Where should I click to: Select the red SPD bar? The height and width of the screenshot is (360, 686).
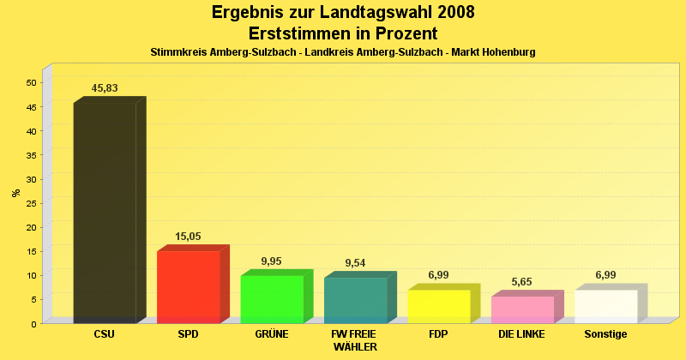189,286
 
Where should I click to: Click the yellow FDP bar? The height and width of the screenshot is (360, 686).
438,306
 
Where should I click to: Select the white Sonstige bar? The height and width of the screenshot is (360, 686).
605,306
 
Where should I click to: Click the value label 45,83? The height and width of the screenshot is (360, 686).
105,88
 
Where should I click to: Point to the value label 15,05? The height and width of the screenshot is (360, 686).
188,237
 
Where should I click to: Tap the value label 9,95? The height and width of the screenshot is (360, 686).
271,261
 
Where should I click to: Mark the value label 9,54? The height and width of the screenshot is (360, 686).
355,263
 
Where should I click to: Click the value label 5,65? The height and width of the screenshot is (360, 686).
522,282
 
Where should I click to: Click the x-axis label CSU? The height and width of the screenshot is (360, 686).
105,333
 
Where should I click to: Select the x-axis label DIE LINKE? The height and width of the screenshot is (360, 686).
521,333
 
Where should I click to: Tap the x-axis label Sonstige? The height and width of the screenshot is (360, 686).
605,333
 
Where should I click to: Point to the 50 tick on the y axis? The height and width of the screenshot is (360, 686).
31,83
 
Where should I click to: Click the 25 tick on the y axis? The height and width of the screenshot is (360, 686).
31,203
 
